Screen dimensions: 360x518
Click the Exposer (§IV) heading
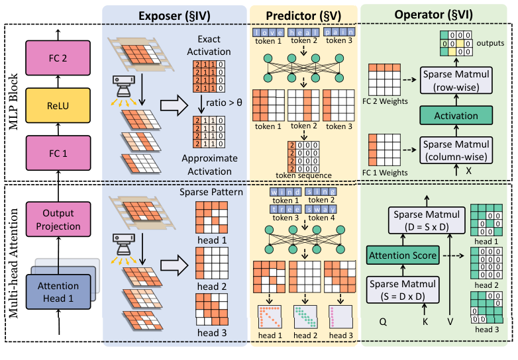[x=174, y=13]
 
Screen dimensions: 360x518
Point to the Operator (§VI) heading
[x=437, y=13]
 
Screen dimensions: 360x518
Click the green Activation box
[x=456, y=116]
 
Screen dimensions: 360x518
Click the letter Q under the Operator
[x=382, y=320]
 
